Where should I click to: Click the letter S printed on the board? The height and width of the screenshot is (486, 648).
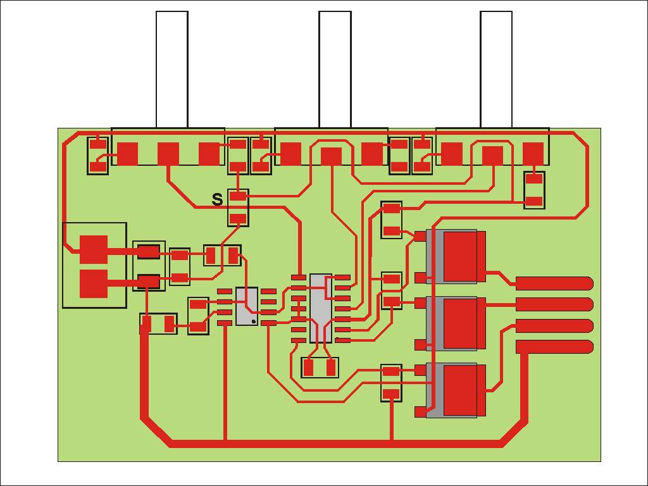click(217, 200)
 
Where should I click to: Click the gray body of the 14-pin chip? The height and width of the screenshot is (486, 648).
click(320, 308)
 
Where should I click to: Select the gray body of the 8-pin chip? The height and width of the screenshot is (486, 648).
click(247, 306)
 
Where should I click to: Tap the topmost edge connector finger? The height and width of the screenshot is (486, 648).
click(554, 283)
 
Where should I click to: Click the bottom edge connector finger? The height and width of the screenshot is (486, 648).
click(554, 347)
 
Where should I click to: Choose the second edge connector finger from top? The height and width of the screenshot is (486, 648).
click(554, 304)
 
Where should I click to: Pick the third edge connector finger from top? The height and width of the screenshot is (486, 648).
click(554, 326)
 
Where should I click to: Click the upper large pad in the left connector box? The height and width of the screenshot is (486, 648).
click(94, 249)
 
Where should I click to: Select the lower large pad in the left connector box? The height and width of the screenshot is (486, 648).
click(94, 283)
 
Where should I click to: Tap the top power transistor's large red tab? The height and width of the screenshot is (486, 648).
click(460, 257)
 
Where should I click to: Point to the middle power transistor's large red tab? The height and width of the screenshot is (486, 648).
click(460, 323)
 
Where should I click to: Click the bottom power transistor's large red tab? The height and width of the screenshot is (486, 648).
click(460, 390)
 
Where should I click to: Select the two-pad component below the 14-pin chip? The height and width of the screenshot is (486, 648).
click(320, 368)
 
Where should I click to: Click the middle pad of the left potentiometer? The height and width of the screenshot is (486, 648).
click(168, 154)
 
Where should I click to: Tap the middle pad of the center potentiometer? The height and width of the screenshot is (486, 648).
click(331, 156)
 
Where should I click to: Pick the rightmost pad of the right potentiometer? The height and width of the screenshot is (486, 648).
click(533, 153)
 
